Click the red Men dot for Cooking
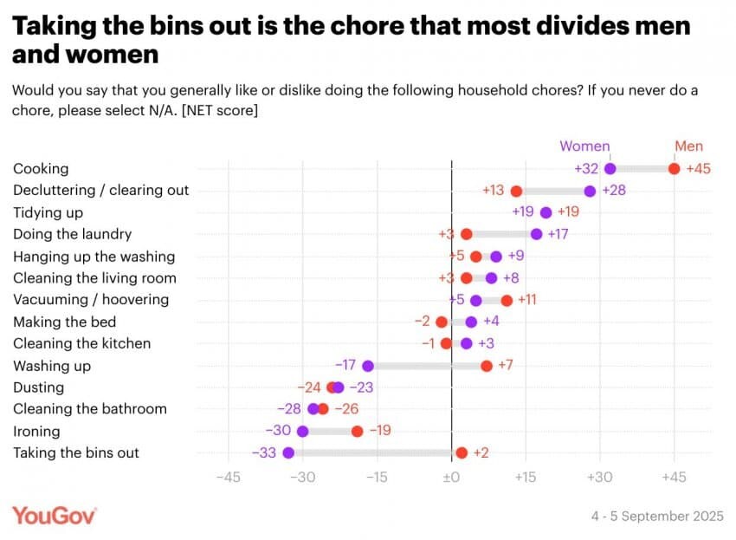(675, 169)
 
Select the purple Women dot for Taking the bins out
(288, 452)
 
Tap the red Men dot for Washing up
(487, 366)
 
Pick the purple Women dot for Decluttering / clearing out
(590, 191)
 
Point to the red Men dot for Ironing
(357, 431)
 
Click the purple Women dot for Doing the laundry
(536, 234)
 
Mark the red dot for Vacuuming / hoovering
(507, 300)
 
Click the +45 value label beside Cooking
(698, 169)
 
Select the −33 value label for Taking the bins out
(263, 452)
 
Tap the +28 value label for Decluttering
(614, 191)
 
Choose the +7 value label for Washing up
(506, 366)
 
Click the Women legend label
(584, 146)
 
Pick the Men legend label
(688, 146)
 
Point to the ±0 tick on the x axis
(451, 478)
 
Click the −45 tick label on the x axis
(228, 478)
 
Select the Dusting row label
(38, 387)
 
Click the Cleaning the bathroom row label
(90, 409)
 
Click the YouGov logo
(54, 515)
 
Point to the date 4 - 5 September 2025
(657, 517)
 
